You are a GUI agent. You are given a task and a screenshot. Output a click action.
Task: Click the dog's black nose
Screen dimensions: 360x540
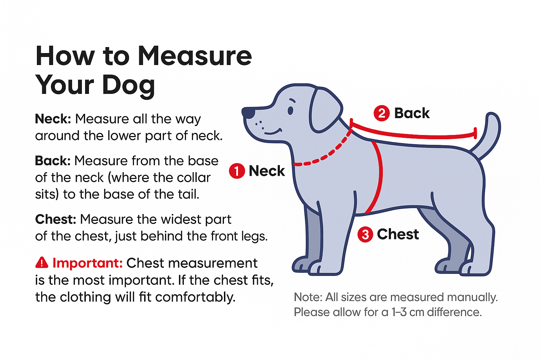[249, 113]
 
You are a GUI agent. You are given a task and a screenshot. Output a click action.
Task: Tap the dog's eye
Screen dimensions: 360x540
[290, 110]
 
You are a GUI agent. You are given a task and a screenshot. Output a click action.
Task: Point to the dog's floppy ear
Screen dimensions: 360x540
[324, 110]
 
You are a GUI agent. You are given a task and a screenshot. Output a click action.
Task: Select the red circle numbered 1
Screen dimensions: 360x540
[237, 171]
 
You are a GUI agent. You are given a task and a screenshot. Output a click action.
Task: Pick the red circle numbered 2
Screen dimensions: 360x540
[381, 113]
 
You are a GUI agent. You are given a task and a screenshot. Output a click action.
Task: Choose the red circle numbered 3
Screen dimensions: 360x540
[365, 234]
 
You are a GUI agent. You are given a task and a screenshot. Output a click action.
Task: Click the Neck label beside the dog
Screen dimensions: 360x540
[266, 171]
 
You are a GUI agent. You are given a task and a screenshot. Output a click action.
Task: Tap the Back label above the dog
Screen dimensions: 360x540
[412, 113]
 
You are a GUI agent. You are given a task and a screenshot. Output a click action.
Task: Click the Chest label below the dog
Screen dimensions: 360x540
[398, 234]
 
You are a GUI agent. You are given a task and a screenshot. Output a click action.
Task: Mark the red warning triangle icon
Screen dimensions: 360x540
[42, 262]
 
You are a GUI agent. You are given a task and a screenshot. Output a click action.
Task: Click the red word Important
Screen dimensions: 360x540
[87, 263]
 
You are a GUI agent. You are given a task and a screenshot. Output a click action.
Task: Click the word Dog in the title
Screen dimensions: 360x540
[129, 86]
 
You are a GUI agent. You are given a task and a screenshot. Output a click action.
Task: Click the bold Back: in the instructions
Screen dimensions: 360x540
[53, 161]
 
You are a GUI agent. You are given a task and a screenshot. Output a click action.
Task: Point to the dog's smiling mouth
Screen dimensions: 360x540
[273, 133]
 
